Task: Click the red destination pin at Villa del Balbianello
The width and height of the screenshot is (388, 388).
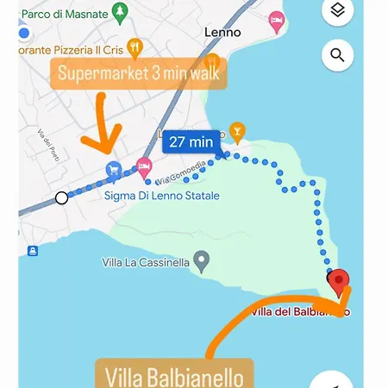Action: coord(340,281)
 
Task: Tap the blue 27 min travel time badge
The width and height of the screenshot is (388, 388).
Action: coord(191,142)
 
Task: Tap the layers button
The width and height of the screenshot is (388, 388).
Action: coord(338,10)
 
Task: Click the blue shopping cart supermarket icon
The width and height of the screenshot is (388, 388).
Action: coord(112,171)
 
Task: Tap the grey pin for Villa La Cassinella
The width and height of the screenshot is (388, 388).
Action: coord(202,258)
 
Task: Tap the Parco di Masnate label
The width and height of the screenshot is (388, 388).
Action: coord(64,13)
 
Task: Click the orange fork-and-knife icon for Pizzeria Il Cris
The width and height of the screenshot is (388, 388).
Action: coord(134,47)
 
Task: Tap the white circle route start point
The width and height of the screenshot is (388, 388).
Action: coord(62,197)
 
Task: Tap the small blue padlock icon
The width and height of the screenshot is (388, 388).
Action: coord(33,251)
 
